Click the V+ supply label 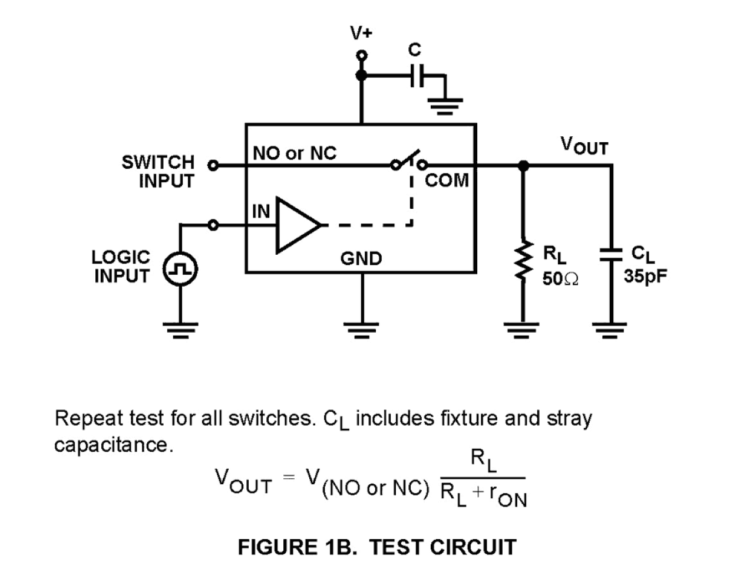361,33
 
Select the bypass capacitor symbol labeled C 416,75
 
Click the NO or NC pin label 294,153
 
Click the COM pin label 447,180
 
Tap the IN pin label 260,211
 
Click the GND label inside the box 361,258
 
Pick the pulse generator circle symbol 180,270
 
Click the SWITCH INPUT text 158,171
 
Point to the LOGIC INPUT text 121,266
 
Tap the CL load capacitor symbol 611,254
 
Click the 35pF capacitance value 646,276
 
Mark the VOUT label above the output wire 583,145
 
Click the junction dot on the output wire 522,166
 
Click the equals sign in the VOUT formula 288,477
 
